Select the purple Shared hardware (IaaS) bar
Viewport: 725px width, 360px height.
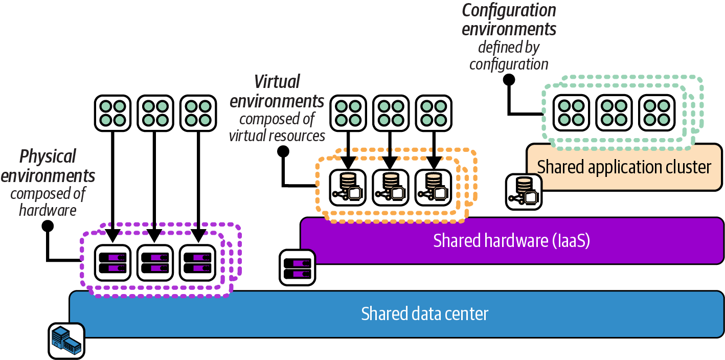tap(511, 240)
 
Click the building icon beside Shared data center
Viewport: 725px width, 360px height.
tap(66, 340)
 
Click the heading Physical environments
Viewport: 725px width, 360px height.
tap(48, 166)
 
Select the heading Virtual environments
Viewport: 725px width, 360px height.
tap(277, 91)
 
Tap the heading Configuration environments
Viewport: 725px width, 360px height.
tap(509, 19)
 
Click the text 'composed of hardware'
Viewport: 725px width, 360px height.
tap(48, 201)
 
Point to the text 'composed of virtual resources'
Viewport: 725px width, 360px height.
tap(277, 127)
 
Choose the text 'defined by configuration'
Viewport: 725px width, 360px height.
tap(509, 56)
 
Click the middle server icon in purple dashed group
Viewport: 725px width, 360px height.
tap(154, 263)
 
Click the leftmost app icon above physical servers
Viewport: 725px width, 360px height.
tap(112, 112)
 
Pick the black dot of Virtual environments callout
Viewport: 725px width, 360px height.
tap(283, 151)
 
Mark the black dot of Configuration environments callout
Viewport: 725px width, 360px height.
tap(508, 80)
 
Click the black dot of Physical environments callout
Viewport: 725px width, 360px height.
tap(48, 226)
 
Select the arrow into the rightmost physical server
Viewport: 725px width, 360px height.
tap(197, 184)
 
